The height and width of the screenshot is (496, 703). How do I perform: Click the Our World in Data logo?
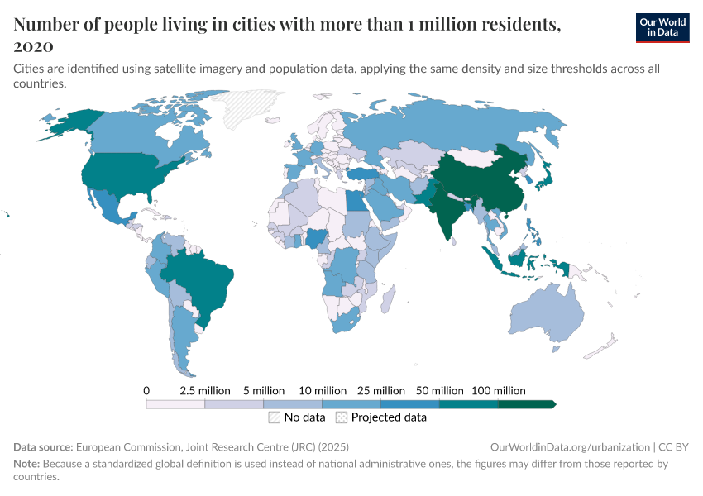click(x=662, y=27)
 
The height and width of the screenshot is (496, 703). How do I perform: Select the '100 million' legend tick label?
click(x=499, y=390)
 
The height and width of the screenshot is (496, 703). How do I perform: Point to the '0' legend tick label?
click(x=146, y=390)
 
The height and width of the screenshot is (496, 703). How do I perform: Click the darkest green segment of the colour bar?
click(x=526, y=404)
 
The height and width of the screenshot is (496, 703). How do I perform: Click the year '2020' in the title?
click(x=33, y=45)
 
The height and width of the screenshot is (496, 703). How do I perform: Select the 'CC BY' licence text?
click(x=674, y=446)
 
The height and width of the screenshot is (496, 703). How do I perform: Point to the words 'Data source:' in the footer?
click(x=44, y=446)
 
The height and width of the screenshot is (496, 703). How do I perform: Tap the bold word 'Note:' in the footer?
click(x=28, y=464)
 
